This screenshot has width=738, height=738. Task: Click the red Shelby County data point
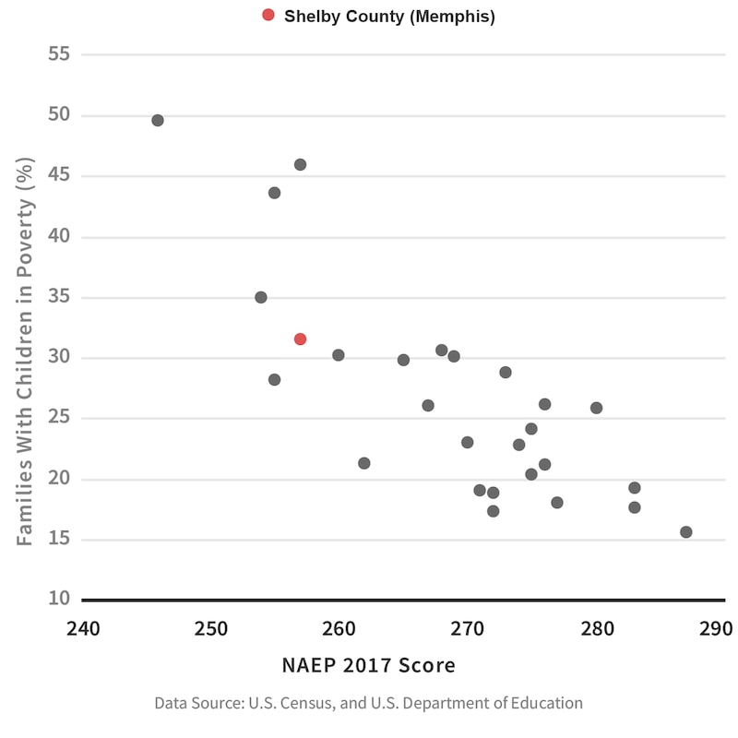coord(300,339)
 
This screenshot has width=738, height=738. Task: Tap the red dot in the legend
coord(268,15)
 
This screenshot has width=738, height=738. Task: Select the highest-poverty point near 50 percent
coord(158,121)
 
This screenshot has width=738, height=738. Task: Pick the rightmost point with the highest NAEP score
coord(685,532)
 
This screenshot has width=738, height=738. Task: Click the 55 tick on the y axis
coord(60,54)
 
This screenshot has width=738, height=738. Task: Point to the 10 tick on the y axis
coord(60,599)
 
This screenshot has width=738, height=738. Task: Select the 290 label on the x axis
coord(716,629)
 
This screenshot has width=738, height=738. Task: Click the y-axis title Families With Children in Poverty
coord(26,351)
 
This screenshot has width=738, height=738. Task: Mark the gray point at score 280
coord(596,408)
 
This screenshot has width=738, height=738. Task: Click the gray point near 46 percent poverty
coord(300,165)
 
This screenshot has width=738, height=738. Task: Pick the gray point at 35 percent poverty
coord(261,297)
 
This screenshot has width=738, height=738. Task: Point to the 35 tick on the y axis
coord(60,297)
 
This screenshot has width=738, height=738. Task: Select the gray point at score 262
coord(364,463)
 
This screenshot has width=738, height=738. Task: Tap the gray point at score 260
coord(339,355)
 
